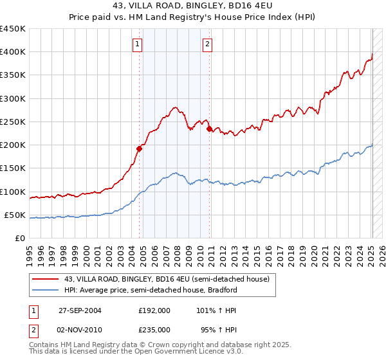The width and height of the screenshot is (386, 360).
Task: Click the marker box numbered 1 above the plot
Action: coord(138,44)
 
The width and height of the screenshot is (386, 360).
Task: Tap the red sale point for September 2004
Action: coord(139,148)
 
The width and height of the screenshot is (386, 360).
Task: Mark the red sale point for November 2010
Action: coord(209,129)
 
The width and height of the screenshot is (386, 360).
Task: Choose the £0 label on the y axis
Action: coord(19,239)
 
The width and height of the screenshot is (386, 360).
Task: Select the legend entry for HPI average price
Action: coord(151,290)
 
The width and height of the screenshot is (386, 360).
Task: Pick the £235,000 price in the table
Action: coord(154,329)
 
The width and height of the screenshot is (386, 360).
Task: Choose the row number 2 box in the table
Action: coord(33,329)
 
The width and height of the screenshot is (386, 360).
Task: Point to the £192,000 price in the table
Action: coord(154,310)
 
